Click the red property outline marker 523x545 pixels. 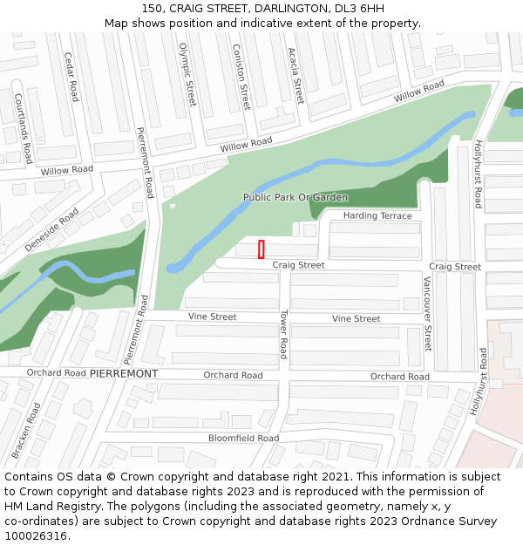(x=261, y=249)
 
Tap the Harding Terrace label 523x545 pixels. (x=377, y=215)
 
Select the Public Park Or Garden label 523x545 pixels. (x=295, y=197)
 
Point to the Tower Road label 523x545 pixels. (x=282, y=333)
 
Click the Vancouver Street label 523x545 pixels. (x=427, y=313)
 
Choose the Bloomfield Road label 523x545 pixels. (x=243, y=438)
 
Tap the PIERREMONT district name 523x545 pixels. (x=124, y=373)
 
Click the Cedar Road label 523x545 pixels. (x=71, y=77)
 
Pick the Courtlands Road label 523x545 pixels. (x=23, y=128)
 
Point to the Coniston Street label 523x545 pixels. (x=241, y=74)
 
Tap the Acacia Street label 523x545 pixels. (x=295, y=76)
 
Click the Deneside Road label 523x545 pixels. (x=51, y=230)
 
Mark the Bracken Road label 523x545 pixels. (x=25, y=431)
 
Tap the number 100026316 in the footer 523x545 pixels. (x=37, y=536)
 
